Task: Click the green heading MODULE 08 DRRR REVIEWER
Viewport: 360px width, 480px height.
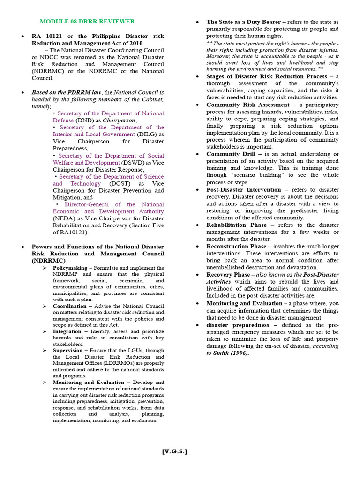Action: [x=87, y=22]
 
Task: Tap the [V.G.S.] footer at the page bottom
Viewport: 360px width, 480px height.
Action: [x=174, y=451]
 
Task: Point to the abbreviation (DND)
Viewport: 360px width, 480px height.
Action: [x=84, y=120]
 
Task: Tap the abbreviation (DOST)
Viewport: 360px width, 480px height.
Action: [x=118, y=184]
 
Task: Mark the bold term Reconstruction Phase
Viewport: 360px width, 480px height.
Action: [x=235, y=246]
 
